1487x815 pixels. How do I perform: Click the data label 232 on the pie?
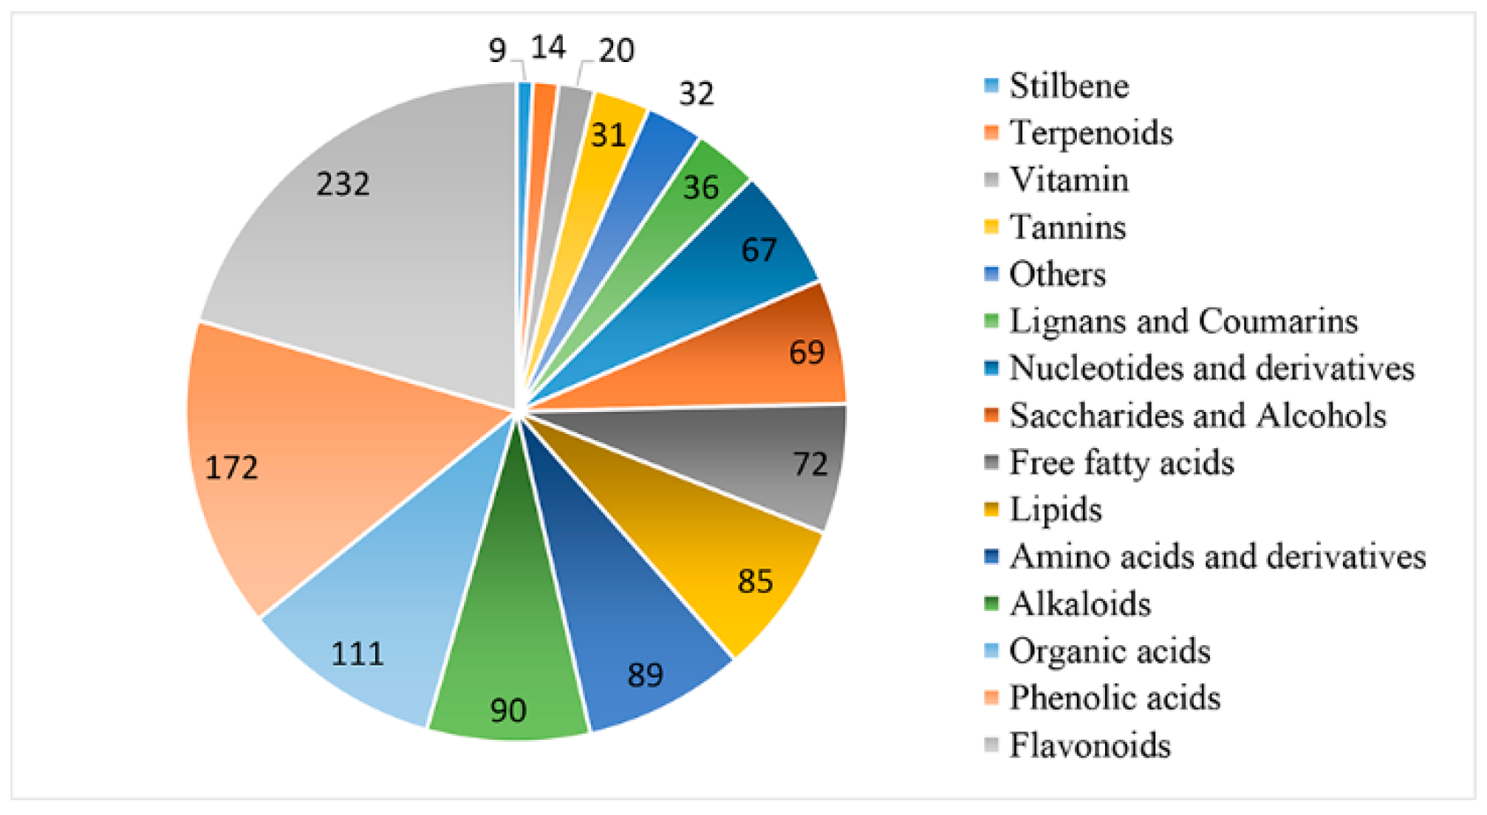click(x=343, y=184)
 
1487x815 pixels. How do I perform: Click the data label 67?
click(x=759, y=250)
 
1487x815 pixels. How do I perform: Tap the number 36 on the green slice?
click(x=700, y=188)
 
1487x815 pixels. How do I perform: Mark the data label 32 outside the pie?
click(x=697, y=94)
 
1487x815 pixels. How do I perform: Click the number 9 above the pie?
click(x=497, y=51)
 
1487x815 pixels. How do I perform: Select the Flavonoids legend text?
click(x=1090, y=745)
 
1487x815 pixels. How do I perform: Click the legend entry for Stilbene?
click(x=1069, y=86)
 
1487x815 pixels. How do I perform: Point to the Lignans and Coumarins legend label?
click(x=1183, y=321)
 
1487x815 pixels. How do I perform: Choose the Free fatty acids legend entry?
click(x=1121, y=463)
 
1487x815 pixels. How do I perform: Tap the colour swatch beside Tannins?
click(x=991, y=226)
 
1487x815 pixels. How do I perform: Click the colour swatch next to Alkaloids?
click(x=991, y=603)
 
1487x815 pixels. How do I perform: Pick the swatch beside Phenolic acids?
click(x=991, y=697)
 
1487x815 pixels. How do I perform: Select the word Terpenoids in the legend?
click(x=1091, y=133)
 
